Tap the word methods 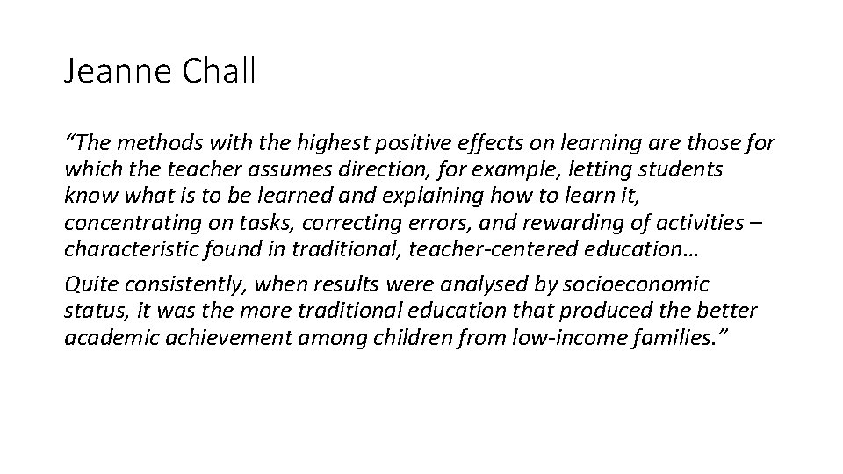(153, 142)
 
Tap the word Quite (87, 284)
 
